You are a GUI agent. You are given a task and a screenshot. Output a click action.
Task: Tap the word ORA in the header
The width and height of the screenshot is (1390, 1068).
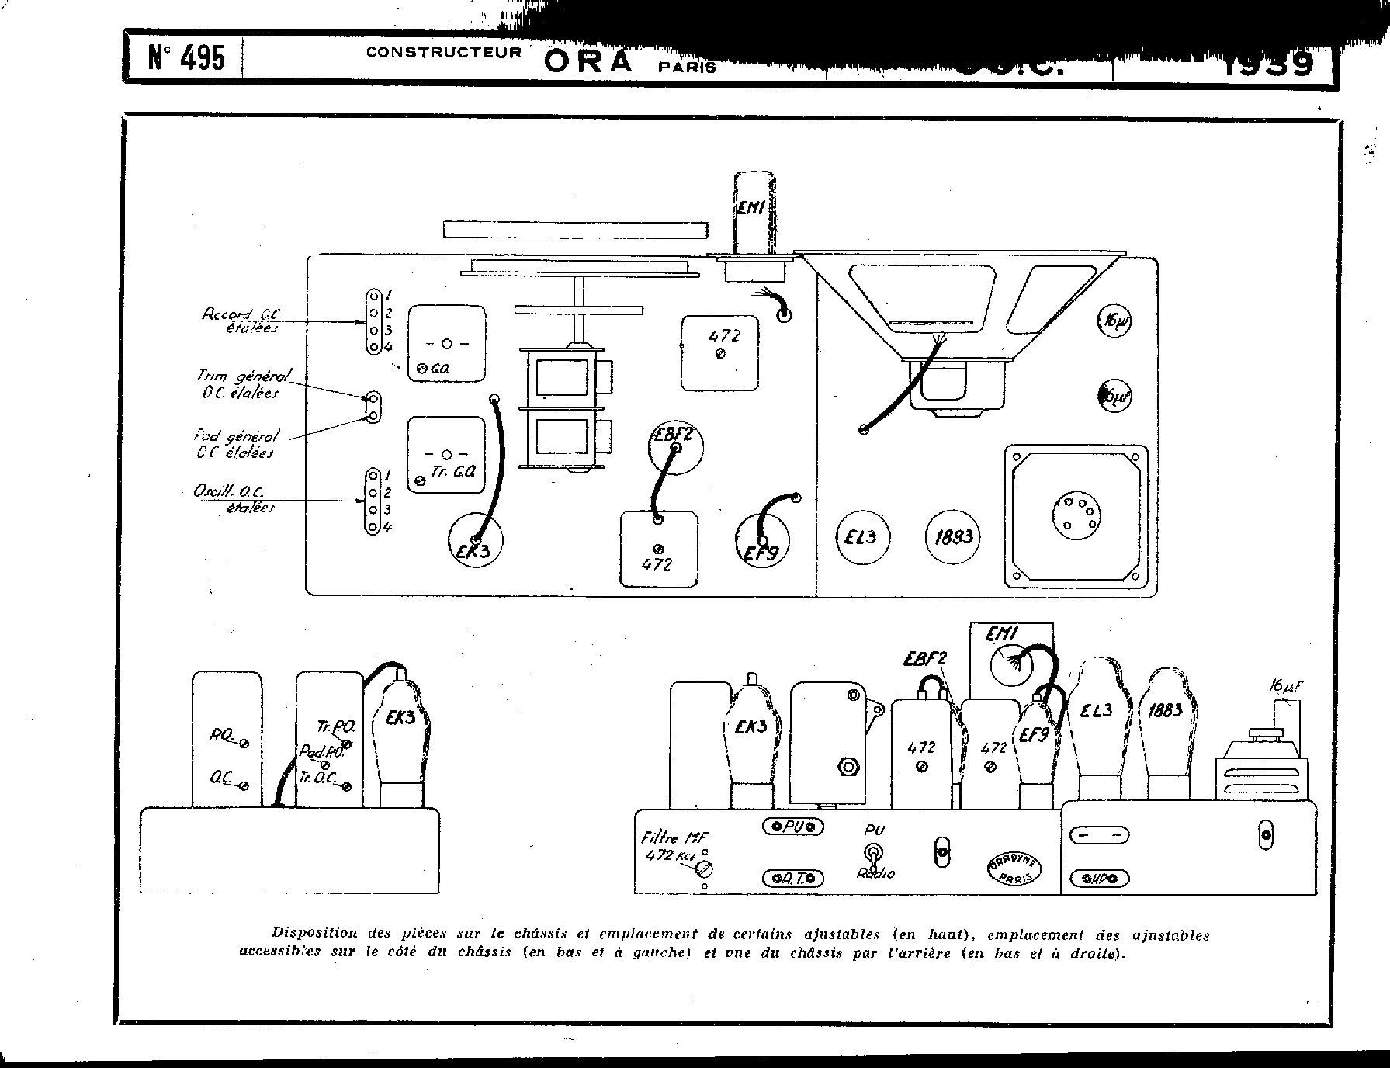pyautogui.click(x=588, y=61)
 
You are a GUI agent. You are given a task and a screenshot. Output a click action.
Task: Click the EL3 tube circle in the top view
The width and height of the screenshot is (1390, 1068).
pyautogui.click(x=861, y=537)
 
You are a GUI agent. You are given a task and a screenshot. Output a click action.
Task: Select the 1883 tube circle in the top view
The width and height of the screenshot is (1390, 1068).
pyautogui.click(x=952, y=537)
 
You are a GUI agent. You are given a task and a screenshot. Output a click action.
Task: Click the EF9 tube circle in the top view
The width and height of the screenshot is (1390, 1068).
pyautogui.click(x=761, y=542)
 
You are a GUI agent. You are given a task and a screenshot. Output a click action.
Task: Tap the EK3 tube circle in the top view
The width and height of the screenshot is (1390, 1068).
pyautogui.click(x=475, y=540)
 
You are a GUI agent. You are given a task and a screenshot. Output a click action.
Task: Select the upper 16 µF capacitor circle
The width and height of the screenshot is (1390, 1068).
pyautogui.click(x=1114, y=321)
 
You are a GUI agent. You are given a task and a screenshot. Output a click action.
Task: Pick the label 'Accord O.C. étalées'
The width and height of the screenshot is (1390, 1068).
pyautogui.click(x=241, y=320)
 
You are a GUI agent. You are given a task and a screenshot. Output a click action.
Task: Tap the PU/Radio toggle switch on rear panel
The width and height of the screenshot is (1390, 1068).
pyautogui.click(x=875, y=853)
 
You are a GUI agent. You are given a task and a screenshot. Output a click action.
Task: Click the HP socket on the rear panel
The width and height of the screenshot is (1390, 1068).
pyautogui.click(x=1097, y=879)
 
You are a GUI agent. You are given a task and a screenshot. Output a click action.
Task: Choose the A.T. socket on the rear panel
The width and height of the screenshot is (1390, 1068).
pyautogui.click(x=792, y=878)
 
